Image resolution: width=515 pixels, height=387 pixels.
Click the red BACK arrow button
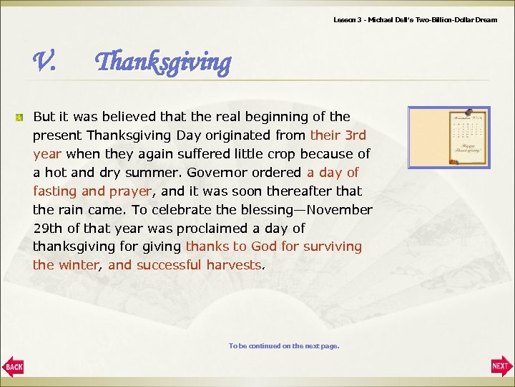13,366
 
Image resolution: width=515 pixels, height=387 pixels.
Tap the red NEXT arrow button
501,366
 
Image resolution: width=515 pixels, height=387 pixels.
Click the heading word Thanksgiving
163,63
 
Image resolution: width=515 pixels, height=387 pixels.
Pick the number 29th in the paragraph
47,229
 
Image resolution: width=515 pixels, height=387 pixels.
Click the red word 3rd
355,135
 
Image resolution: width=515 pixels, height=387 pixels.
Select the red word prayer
129,191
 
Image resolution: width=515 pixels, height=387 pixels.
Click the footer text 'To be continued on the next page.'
284,346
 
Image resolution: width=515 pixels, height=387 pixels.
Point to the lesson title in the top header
415,19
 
